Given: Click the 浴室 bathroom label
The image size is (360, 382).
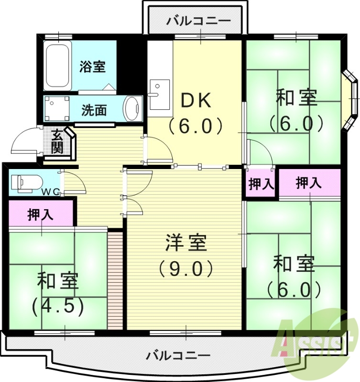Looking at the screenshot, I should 92,66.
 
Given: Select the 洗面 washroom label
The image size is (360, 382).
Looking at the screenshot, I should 94,110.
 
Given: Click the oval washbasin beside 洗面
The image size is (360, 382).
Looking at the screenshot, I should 132,109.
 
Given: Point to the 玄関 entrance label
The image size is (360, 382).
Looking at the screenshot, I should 57,141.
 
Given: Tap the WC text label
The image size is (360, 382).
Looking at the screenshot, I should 50,192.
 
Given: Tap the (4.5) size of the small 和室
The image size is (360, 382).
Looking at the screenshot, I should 57,306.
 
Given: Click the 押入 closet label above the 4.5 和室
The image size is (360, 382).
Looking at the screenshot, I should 40,215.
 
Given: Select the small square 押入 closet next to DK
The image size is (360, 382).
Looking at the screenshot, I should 260,184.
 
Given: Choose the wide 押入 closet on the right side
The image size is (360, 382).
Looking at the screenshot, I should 308,182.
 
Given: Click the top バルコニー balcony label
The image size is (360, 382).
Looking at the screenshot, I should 198,21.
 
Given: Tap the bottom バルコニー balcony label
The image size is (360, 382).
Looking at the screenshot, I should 178,356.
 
